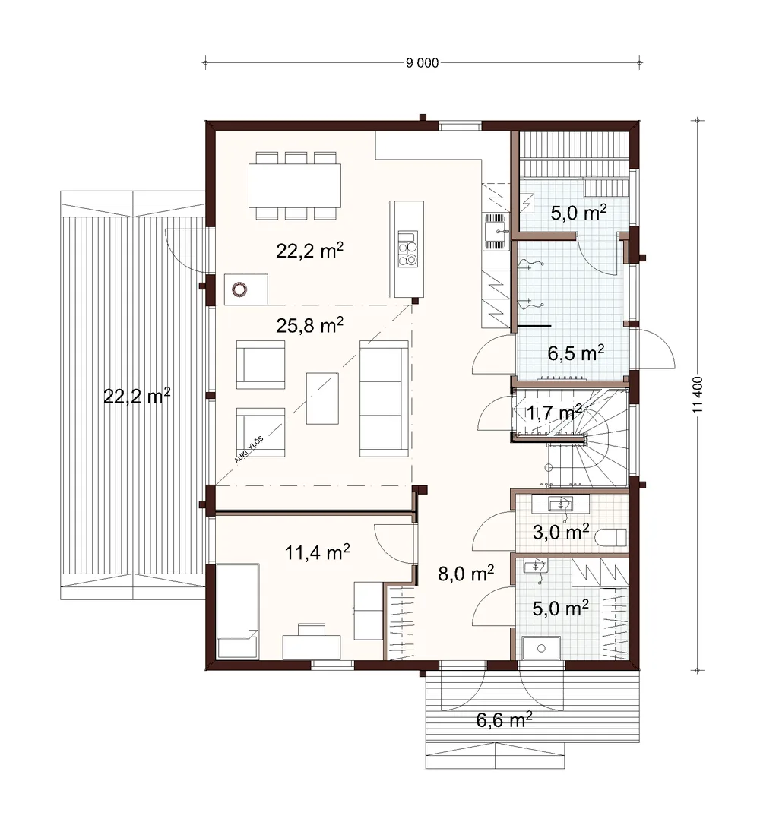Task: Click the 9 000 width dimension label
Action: pyautogui.click(x=422, y=63)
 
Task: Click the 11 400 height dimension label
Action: pyautogui.click(x=697, y=394)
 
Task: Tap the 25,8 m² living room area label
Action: pyautogui.click(x=310, y=325)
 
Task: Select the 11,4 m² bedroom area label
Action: pyautogui.click(x=318, y=552)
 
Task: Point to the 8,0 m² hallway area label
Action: pyautogui.click(x=466, y=573)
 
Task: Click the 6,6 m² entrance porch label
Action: pyautogui.click(x=504, y=719)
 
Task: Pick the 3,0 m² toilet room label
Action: pyautogui.click(x=561, y=532)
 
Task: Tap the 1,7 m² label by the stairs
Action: pyautogui.click(x=554, y=413)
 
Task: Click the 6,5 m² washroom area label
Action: pyautogui.click(x=576, y=353)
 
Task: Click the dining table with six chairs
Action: pyautogui.click(x=295, y=185)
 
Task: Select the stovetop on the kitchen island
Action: pyautogui.click(x=407, y=249)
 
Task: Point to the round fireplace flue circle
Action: pyautogui.click(x=239, y=289)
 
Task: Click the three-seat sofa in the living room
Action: pyautogui.click(x=384, y=398)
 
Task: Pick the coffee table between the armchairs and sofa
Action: pyautogui.click(x=322, y=398)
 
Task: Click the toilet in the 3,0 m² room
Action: pyautogui.click(x=613, y=537)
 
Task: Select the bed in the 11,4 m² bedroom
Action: pyautogui.click(x=238, y=611)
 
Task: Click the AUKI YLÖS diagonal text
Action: pyautogui.click(x=249, y=449)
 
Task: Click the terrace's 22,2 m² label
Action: pyautogui.click(x=137, y=395)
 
